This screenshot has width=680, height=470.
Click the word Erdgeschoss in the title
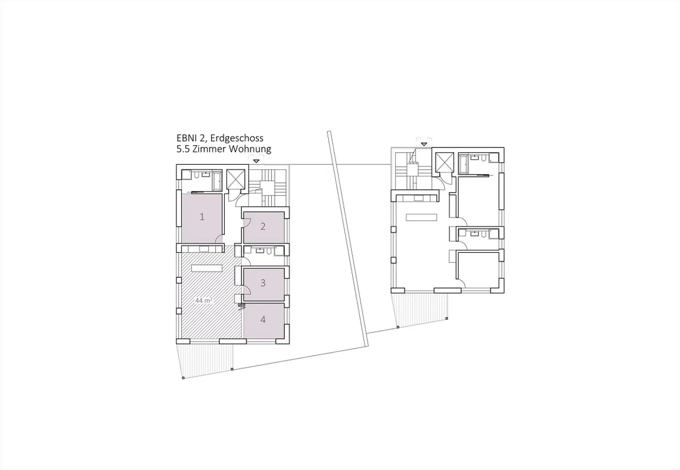coord(237,139)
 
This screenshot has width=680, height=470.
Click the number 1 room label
coord(202,217)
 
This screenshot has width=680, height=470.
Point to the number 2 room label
coord(263,227)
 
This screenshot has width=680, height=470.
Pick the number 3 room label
coord(263,283)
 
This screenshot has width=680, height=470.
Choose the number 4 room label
coord(263,319)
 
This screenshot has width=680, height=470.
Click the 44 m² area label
coord(204,301)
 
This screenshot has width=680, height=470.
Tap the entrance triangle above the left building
coord(256,161)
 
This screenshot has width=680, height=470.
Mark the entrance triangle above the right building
coord(424,144)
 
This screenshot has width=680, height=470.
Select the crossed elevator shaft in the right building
coord(444,162)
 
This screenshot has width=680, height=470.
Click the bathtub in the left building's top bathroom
coord(217,181)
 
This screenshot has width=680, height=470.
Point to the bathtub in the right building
coord(463,164)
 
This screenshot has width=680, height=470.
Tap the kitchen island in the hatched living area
coord(207,268)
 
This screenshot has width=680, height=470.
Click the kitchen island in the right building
coord(421,217)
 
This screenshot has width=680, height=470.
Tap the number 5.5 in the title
coord(183,149)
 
